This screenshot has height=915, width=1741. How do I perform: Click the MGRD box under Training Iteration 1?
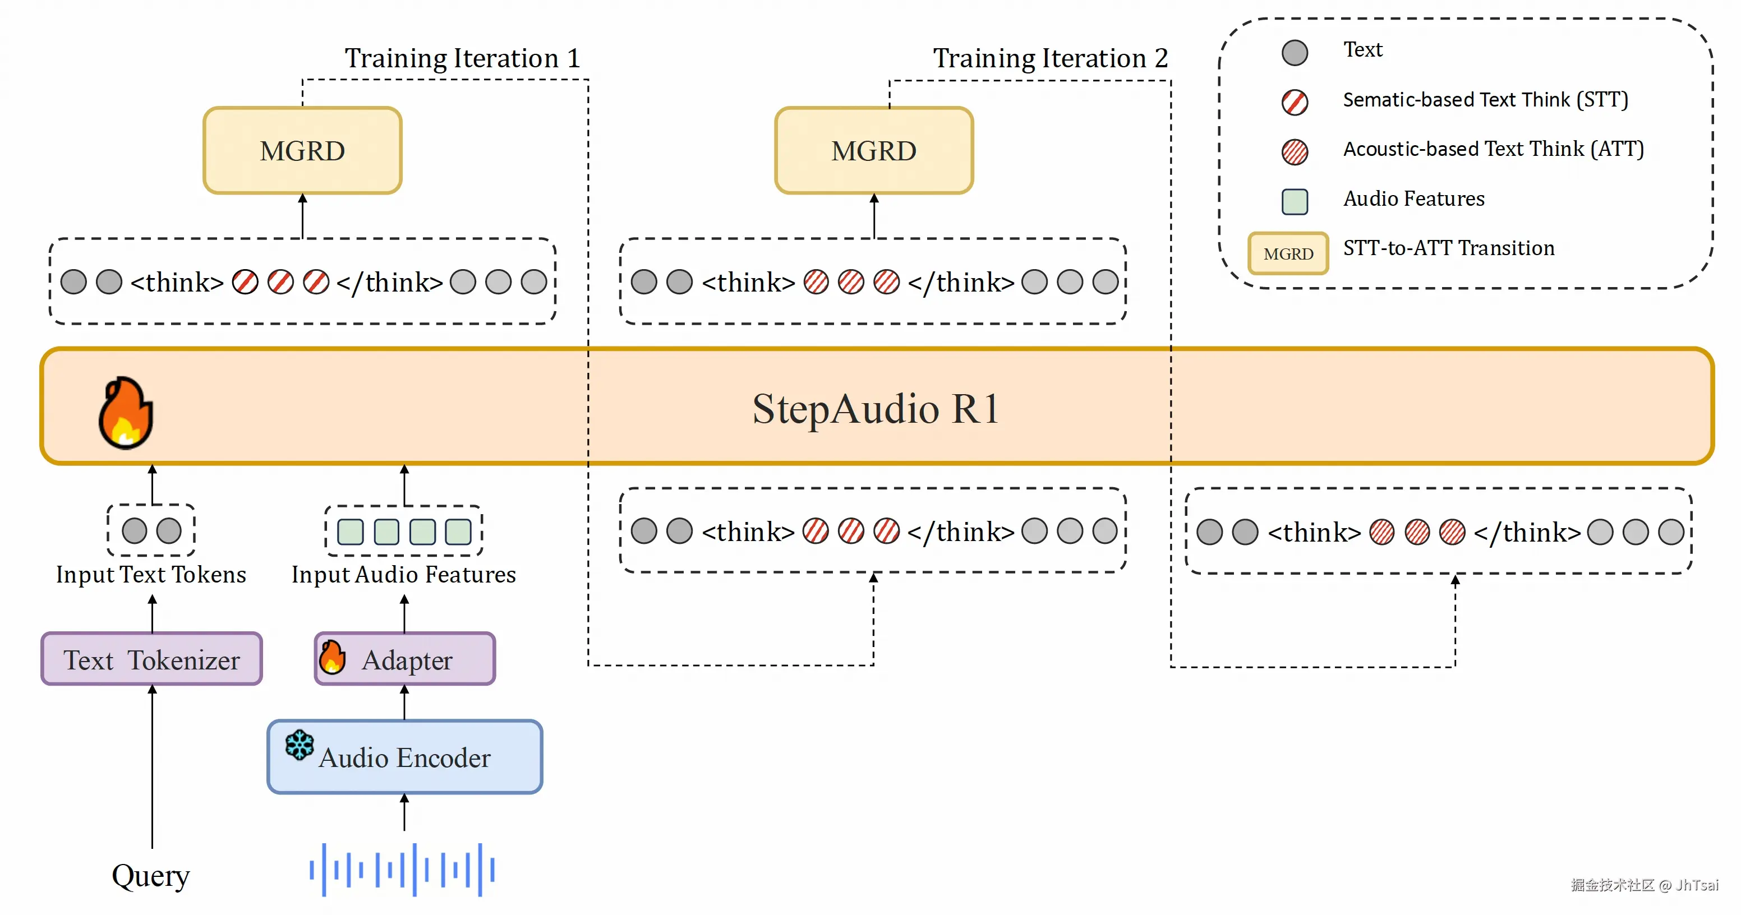click(302, 151)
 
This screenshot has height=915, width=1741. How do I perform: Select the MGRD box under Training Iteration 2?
click(873, 151)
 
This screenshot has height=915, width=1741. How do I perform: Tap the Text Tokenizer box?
click(151, 659)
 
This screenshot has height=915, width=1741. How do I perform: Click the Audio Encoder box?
click(404, 757)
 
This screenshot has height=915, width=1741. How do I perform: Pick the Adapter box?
click(405, 659)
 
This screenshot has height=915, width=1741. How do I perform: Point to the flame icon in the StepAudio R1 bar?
click(126, 413)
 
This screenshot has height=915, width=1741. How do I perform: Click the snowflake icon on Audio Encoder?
click(300, 745)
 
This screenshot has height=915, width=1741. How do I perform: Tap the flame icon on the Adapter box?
click(332, 657)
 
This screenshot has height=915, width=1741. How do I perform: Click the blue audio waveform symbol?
click(403, 870)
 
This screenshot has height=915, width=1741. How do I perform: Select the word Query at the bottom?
click(151, 876)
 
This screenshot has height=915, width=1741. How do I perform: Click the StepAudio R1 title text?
click(875, 409)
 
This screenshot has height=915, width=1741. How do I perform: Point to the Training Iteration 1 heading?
click(462, 58)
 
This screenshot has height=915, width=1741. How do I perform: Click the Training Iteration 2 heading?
click(1051, 58)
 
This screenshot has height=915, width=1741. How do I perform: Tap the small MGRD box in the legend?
click(1287, 253)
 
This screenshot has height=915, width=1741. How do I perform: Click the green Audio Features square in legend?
click(1295, 201)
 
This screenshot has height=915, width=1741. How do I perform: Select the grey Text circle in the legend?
click(1295, 52)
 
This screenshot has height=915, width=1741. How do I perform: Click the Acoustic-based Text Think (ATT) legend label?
click(1493, 149)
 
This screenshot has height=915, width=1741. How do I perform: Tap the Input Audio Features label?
click(403, 575)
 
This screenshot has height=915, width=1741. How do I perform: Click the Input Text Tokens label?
click(151, 575)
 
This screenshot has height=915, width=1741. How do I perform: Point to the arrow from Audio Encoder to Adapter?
click(404, 702)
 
